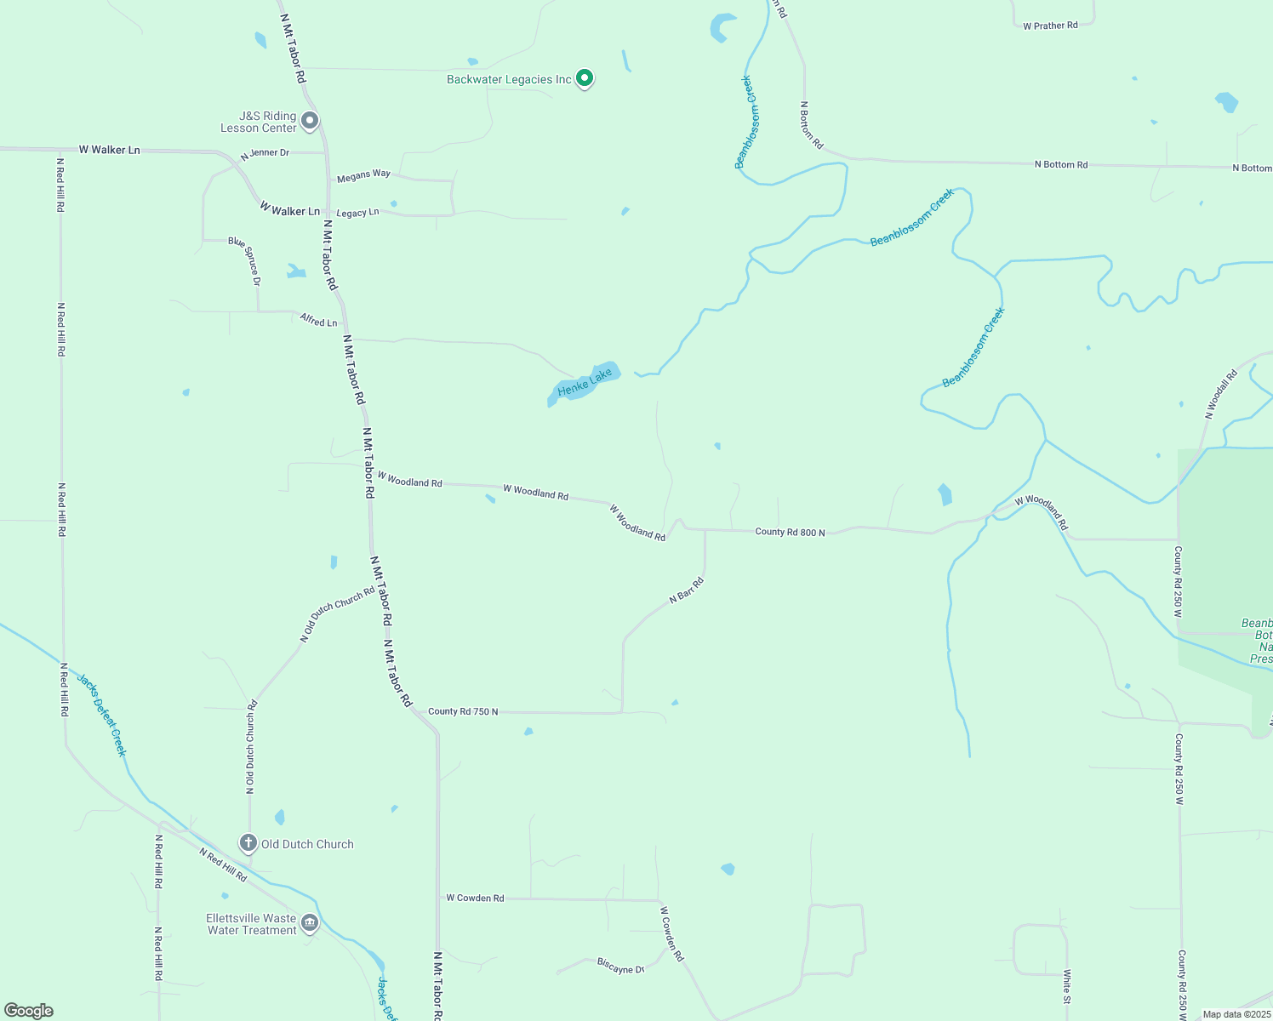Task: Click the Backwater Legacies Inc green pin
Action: click(584, 78)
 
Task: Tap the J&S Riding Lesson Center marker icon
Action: click(310, 121)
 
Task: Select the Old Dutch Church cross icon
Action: click(248, 843)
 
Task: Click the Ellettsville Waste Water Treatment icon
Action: click(310, 924)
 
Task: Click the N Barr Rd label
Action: click(686, 590)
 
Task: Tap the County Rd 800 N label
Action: click(790, 532)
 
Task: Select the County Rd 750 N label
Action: click(463, 711)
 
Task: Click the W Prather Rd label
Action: click(1050, 26)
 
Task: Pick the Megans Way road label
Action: click(363, 175)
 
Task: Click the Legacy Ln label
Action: click(357, 213)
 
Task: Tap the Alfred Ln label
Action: click(318, 321)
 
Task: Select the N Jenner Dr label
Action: click(265, 154)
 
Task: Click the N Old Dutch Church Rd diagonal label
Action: click(337, 614)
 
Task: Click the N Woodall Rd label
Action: click(1221, 395)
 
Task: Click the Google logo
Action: click(28, 1010)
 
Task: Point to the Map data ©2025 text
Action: click(1236, 1014)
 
